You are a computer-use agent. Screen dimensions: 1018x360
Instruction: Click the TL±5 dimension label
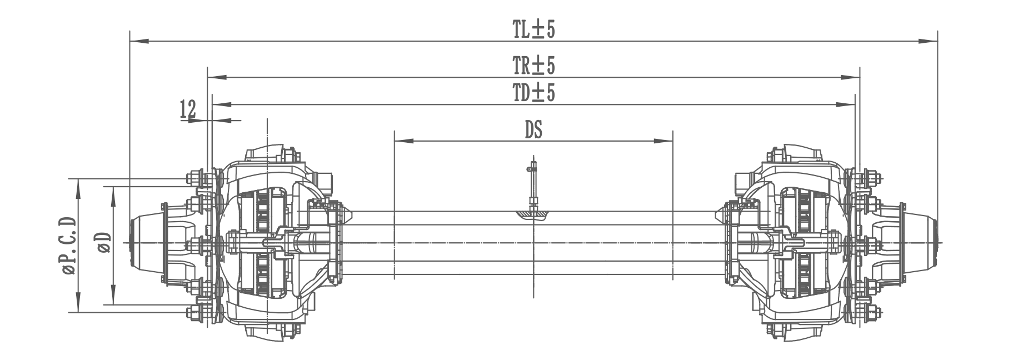(x=533, y=30)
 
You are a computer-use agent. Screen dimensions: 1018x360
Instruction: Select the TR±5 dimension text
(x=533, y=66)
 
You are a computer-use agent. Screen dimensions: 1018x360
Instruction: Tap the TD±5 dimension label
(x=533, y=93)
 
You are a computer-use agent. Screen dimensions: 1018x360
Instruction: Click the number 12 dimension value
(x=188, y=109)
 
